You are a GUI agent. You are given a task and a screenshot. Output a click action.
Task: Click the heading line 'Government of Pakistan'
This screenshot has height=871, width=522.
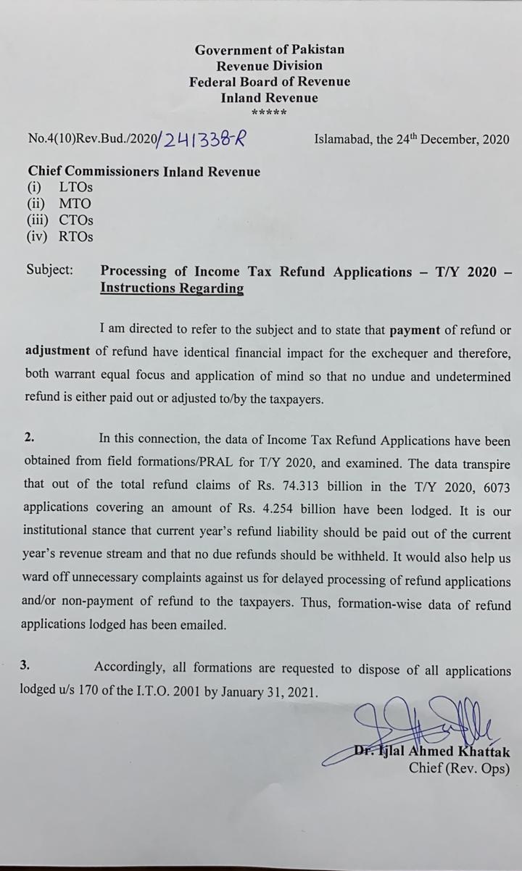(270, 50)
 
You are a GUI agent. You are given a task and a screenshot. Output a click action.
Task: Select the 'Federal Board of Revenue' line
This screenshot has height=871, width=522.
(270, 82)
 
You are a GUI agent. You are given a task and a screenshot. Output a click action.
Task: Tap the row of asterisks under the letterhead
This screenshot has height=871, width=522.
(269, 113)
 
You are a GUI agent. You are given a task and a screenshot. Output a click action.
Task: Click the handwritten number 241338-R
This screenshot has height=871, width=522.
(205, 140)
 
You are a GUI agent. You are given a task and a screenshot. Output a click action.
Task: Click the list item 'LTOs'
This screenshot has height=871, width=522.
(76, 188)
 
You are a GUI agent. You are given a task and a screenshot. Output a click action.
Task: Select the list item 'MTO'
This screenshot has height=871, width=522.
(75, 204)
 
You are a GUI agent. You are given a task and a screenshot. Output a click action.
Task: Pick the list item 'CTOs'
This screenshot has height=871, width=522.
(76, 220)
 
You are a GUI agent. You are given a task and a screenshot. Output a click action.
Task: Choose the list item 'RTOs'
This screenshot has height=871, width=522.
(76, 236)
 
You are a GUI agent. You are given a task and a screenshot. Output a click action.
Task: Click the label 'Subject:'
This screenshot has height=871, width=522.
(50, 270)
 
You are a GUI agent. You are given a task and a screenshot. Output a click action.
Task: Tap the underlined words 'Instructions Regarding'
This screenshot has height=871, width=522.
(172, 288)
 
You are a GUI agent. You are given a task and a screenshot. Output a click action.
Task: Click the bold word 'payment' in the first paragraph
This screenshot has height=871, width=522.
(415, 330)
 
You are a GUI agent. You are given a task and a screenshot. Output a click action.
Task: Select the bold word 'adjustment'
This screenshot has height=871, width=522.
(58, 351)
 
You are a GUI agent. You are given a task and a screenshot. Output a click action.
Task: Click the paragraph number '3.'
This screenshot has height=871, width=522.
(25, 667)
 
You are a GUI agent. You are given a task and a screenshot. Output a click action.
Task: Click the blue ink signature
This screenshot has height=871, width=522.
(420, 725)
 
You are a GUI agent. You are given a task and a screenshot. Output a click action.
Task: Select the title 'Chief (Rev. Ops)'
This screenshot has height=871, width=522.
(459, 768)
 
